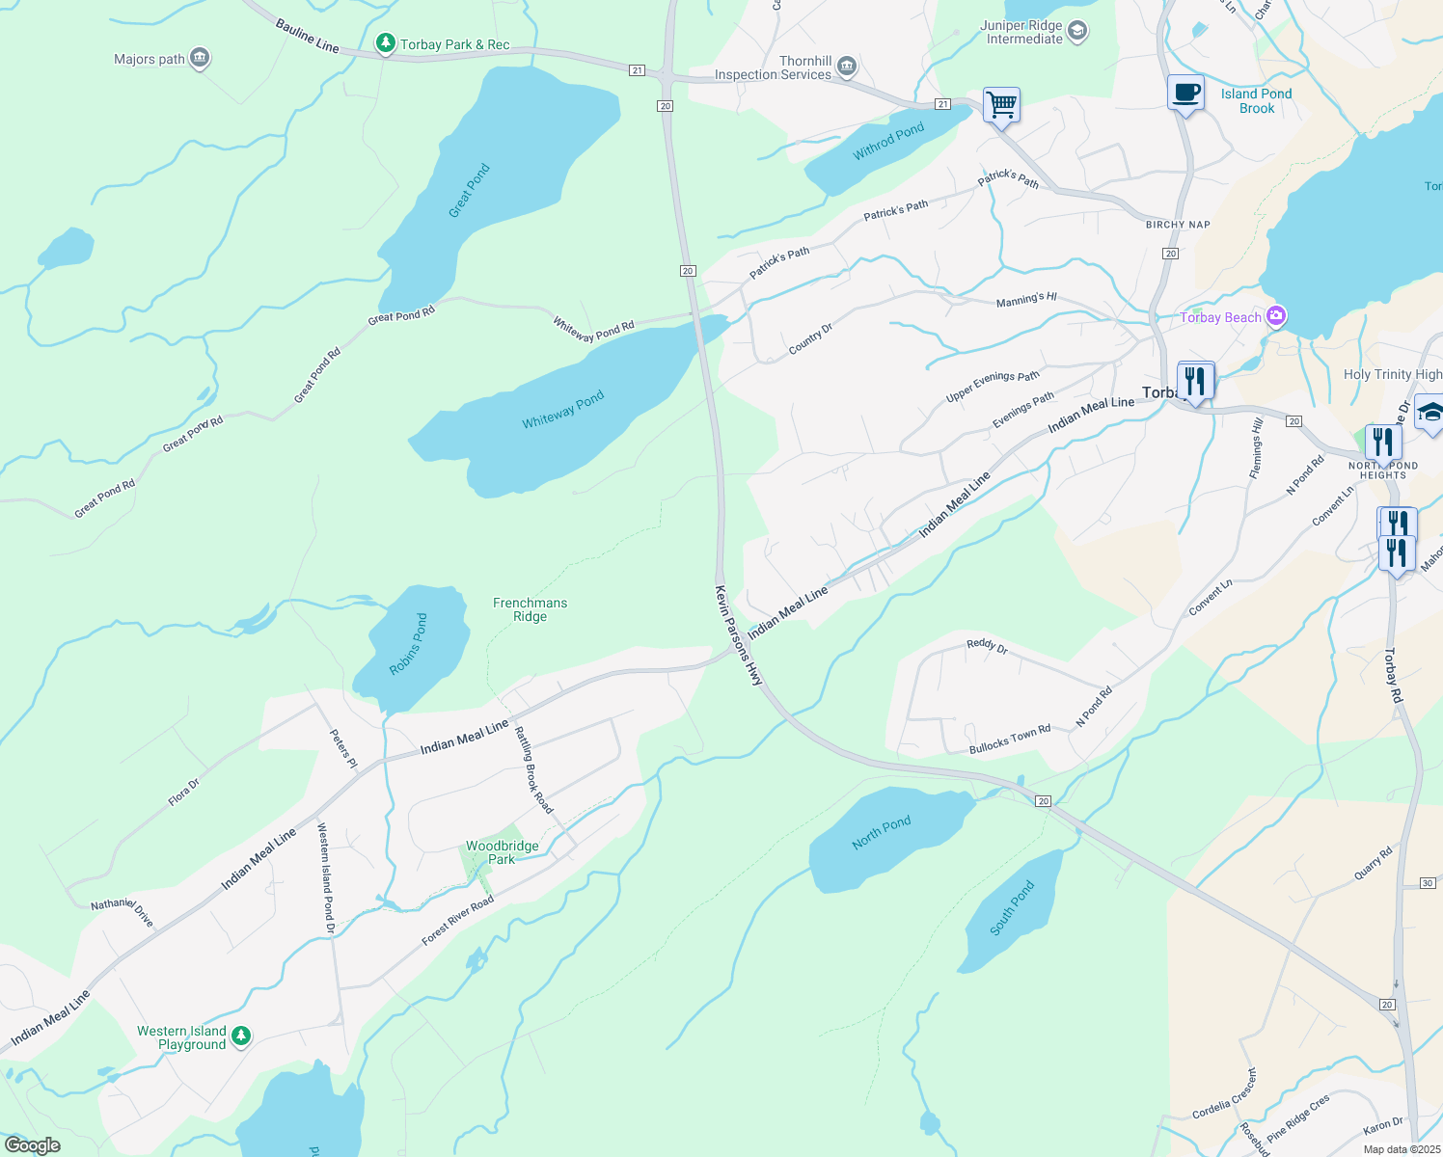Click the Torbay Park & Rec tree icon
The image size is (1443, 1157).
click(x=385, y=43)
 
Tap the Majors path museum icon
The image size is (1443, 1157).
click(x=200, y=59)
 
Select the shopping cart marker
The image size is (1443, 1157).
click(x=1001, y=104)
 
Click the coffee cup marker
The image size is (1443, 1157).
click(x=1185, y=94)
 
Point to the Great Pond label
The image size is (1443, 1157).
click(x=470, y=190)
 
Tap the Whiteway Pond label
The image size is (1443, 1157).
click(x=562, y=410)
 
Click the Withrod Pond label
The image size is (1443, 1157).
click(x=888, y=142)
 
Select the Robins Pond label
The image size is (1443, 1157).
click(x=408, y=644)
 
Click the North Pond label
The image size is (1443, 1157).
click(x=881, y=833)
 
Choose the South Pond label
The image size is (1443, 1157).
click(x=1012, y=907)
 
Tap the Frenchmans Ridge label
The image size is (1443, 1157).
click(x=530, y=609)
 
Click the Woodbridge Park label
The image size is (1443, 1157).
click(x=502, y=852)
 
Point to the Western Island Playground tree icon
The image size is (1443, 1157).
click(x=241, y=1036)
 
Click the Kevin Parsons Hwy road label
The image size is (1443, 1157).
click(x=739, y=635)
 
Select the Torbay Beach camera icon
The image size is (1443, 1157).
click(x=1276, y=316)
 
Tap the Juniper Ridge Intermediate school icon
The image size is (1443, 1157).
click(x=1077, y=32)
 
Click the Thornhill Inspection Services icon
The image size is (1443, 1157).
click(x=847, y=67)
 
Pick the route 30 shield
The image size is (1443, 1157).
click(x=1428, y=883)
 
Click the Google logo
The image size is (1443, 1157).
click(x=33, y=1145)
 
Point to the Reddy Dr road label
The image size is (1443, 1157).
click(x=987, y=646)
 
